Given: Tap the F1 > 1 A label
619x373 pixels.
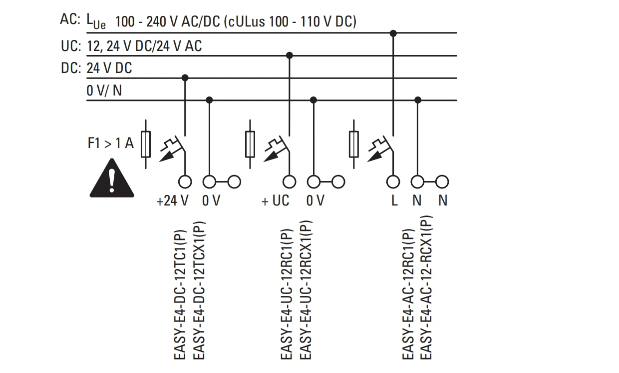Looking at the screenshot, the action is pyautogui.click(x=110, y=143).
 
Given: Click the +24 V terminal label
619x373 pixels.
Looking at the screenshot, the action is pyautogui.click(x=172, y=200).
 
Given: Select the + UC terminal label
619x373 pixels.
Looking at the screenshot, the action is pyautogui.click(x=275, y=200).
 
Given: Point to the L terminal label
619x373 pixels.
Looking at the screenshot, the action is pyautogui.click(x=394, y=200).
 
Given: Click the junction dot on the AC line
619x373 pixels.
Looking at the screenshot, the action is pyautogui.click(x=393, y=33).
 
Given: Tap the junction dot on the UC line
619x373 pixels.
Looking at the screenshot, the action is pyautogui.click(x=290, y=55).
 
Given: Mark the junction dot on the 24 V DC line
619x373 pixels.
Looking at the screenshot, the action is pyautogui.click(x=185, y=78).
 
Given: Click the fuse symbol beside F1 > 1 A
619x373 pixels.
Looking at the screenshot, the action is pyautogui.click(x=146, y=144).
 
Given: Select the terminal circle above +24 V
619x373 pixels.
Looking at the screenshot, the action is pyautogui.click(x=185, y=182).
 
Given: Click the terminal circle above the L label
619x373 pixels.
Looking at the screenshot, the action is pyautogui.click(x=393, y=182).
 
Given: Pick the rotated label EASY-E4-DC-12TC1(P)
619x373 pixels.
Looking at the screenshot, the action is pyautogui.click(x=180, y=294).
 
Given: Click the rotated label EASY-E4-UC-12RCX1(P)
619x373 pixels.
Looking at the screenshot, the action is pyautogui.click(x=306, y=290).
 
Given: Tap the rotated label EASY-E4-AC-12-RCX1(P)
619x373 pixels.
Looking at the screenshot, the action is pyautogui.click(x=426, y=287).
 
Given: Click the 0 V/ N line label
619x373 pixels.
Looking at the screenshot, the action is pyautogui.click(x=104, y=90).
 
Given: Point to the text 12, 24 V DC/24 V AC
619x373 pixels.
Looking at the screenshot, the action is pyautogui.click(x=144, y=46).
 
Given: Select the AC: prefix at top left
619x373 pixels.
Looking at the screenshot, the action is pyautogui.click(x=70, y=19).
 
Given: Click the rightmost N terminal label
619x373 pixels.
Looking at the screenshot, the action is pyautogui.click(x=443, y=200).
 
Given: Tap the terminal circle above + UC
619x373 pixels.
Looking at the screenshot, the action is pyautogui.click(x=290, y=182).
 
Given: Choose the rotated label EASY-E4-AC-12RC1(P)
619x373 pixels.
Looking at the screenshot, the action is pyautogui.click(x=408, y=294).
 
